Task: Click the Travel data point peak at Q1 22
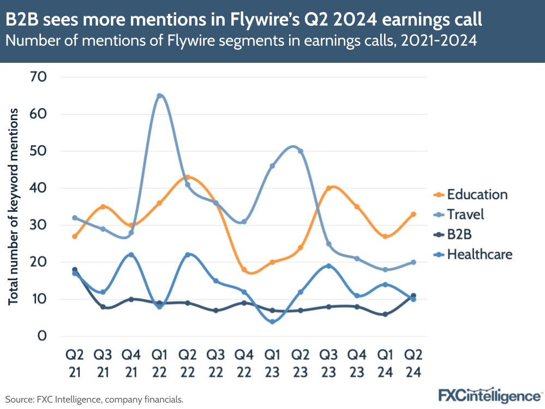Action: click(x=159, y=96)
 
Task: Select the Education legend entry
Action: click(x=476, y=194)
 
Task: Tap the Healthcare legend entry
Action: click(x=479, y=254)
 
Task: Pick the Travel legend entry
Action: click(x=465, y=214)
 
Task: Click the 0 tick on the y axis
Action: click(x=41, y=336)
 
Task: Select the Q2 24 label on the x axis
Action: click(x=413, y=363)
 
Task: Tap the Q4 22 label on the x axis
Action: click(x=244, y=363)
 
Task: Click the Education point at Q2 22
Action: click(x=188, y=177)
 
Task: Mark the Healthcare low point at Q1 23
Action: click(x=272, y=321)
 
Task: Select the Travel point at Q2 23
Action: click(x=301, y=151)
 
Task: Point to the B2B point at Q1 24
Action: click(x=385, y=314)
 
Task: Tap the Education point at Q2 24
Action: click(x=414, y=214)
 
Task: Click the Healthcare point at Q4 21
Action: click(x=131, y=255)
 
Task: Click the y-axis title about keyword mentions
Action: click(x=13, y=206)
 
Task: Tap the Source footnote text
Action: click(x=94, y=400)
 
